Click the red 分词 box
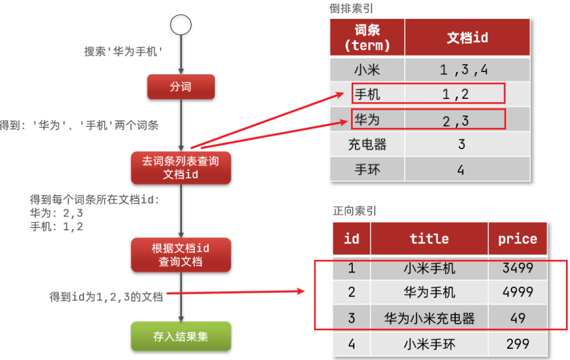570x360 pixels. click(x=181, y=87)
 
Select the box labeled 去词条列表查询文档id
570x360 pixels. click(x=181, y=168)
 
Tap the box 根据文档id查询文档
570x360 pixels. click(x=181, y=255)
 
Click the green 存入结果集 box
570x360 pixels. click(x=181, y=337)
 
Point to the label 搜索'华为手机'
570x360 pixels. click(x=123, y=51)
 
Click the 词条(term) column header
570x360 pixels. click(x=367, y=37)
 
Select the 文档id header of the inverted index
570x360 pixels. click(x=467, y=37)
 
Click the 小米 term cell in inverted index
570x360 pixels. click(x=367, y=69)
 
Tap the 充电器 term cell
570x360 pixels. click(x=367, y=144)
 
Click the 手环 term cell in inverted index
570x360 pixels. click(x=367, y=169)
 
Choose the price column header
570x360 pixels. click(x=517, y=239)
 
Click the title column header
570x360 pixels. click(x=429, y=239)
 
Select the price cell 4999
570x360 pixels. click(x=517, y=291)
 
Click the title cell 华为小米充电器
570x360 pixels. click(x=429, y=318)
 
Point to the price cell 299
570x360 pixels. click(x=517, y=343)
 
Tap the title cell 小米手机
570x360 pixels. click(x=429, y=268)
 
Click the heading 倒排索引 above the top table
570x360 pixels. click(x=351, y=9)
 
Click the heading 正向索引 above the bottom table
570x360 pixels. click(x=354, y=211)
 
